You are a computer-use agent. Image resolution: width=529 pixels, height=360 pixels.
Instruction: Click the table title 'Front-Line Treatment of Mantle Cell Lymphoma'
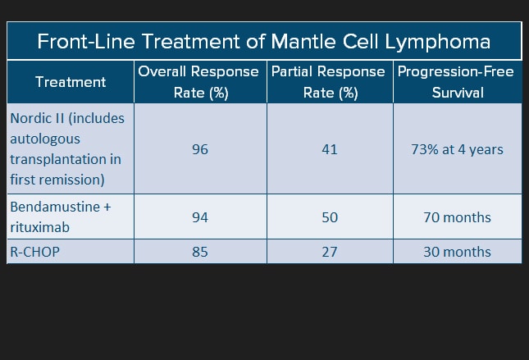click(263, 42)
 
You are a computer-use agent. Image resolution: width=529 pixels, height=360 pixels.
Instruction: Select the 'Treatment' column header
click(71, 82)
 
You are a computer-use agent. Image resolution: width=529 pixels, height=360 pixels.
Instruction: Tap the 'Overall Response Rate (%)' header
click(198, 82)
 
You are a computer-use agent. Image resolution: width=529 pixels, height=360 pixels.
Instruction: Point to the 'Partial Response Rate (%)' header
click(328, 82)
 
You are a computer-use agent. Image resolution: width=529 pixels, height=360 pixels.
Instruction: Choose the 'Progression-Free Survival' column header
click(456, 82)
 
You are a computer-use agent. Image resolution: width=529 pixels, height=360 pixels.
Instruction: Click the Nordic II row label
click(67, 148)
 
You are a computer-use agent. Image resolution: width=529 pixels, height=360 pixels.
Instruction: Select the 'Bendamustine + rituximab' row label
click(61, 217)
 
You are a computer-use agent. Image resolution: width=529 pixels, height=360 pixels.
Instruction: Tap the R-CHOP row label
click(34, 252)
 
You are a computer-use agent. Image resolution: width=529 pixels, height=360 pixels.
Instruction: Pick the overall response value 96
click(200, 149)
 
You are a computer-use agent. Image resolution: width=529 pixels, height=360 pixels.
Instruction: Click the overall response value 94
click(200, 217)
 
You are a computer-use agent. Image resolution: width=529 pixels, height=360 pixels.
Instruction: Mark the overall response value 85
click(200, 252)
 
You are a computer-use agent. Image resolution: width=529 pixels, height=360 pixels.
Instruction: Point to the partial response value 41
click(330, 149)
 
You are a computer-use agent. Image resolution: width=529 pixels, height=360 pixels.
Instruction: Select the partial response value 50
click(330, 217)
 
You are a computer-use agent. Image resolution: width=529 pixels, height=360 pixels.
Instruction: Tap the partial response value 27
click(330, 252)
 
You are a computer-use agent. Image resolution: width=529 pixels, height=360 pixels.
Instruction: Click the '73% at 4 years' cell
click(457, 149)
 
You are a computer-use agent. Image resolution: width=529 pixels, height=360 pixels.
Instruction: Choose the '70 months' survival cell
click(457, 217)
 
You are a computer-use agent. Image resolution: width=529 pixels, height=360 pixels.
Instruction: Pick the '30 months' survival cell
click(457, 252)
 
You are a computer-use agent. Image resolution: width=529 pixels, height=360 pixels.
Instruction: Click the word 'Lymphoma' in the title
click(438, 42)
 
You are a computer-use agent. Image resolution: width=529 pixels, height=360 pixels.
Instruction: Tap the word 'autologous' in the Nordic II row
click(45, 139)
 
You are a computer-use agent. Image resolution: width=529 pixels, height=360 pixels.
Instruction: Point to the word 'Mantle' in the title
click(303, 41)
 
